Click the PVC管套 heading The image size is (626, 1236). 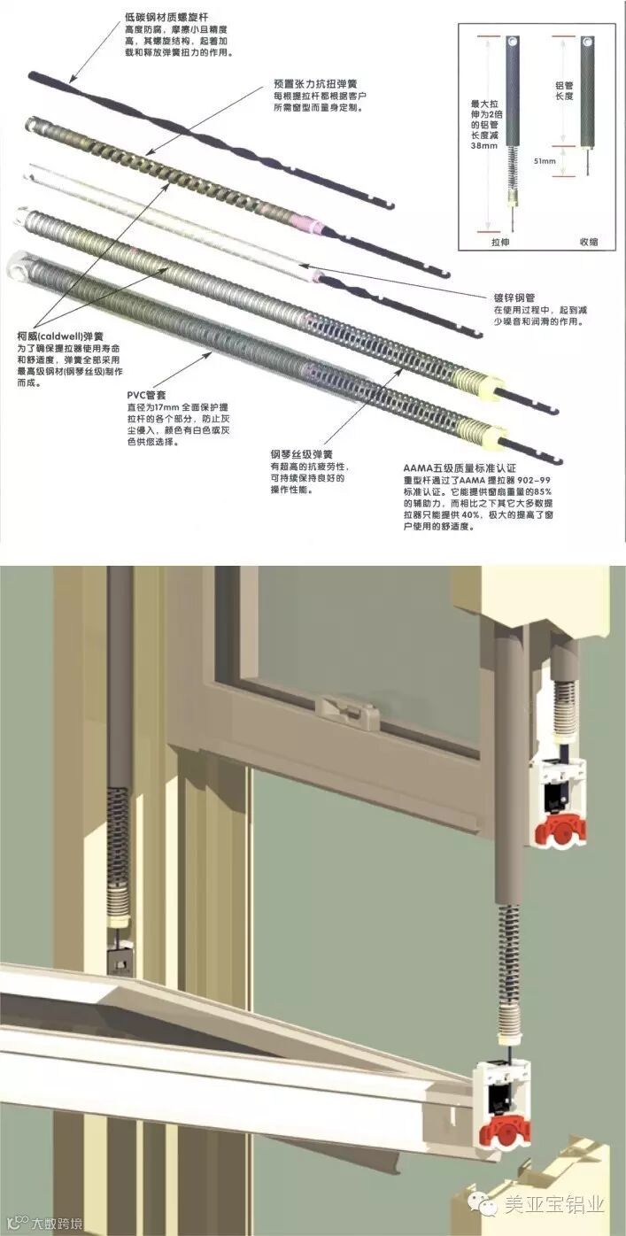click(148, 394)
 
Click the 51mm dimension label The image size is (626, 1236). click(545, 161)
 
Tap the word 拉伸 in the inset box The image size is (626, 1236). click(502, 240)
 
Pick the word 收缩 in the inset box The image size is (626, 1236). click(589, 240)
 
